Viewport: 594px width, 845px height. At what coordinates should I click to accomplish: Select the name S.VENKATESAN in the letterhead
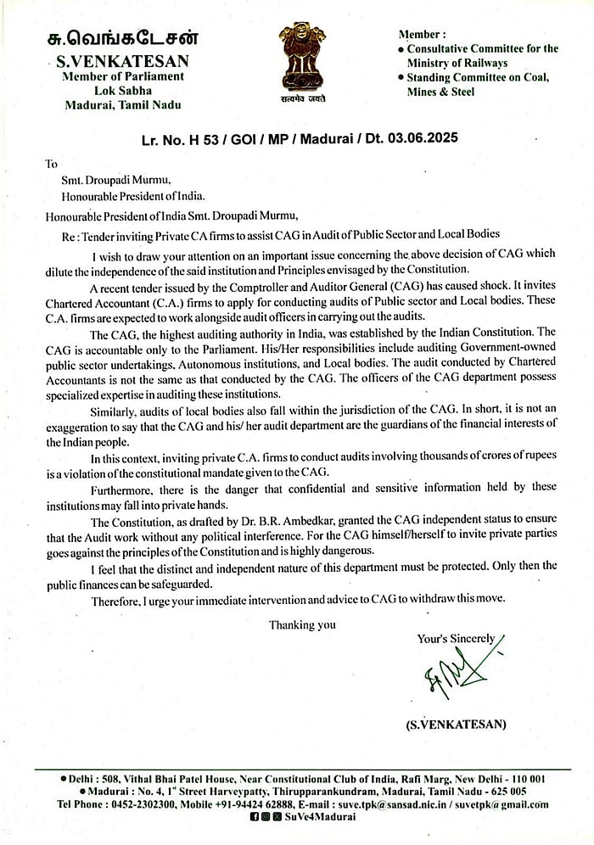coord(122,61)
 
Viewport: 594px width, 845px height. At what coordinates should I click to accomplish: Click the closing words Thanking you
coord(302,624)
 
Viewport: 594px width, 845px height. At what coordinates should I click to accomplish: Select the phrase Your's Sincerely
coord(456,638)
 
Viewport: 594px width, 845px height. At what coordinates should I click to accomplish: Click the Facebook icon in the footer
coord(255,816)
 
